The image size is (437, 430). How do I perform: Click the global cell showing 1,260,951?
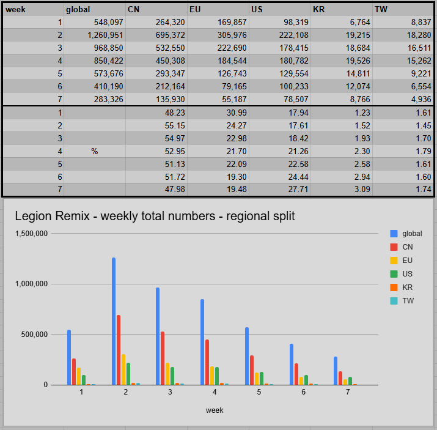(101, 35)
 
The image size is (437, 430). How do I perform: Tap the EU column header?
(196, 9)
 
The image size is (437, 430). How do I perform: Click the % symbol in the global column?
(95, 151)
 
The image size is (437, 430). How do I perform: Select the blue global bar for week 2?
(114, 321)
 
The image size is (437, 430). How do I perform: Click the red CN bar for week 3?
(163, 358)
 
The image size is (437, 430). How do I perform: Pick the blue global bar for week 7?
(336, 371)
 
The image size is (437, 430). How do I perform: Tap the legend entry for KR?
(407, 287)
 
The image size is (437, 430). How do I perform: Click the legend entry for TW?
(408, 300)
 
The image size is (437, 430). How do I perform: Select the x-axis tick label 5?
(259, 392)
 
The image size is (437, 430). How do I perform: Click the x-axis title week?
(215, 410)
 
